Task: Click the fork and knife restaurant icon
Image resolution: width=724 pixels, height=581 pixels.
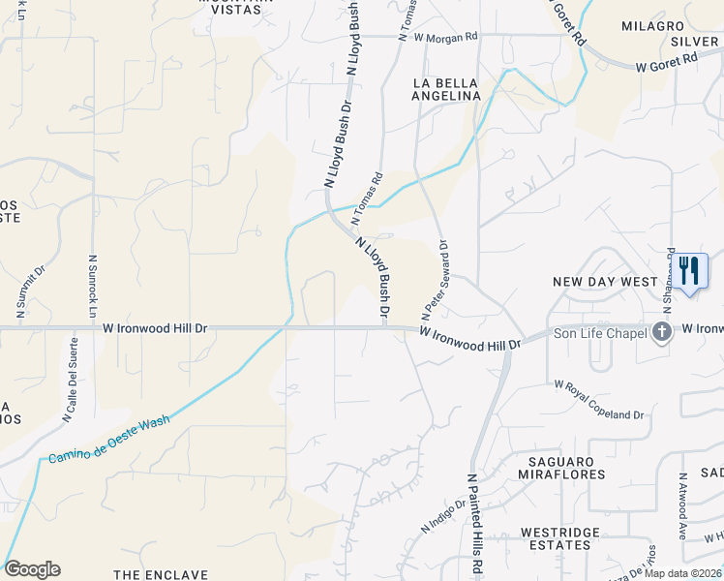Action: (x=688, y=270)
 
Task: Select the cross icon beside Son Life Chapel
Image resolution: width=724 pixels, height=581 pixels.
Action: (x=662, y=332)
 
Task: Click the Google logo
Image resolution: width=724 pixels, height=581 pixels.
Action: (x=32, y=569)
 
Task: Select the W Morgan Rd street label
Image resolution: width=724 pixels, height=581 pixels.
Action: (x=438, y=37)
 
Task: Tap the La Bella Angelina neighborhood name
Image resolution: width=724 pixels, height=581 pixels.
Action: (x=446, y=89)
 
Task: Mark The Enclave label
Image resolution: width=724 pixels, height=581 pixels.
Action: (x=161, y=574)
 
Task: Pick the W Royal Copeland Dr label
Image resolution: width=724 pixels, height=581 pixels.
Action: (x=598, y=400)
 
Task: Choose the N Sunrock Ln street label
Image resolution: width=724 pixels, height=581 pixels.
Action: (x=93, y=288)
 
